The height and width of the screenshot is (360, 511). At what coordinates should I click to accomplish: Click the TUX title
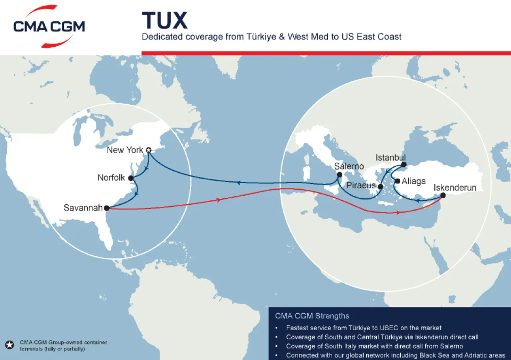(164, 20)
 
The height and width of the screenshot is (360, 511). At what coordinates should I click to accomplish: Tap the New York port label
(125, 150)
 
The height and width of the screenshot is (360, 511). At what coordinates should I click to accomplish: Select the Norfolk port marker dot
(131, 178)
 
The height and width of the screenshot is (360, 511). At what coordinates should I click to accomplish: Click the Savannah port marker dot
(106, 208)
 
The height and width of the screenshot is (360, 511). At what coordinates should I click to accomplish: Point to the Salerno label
(349, 166)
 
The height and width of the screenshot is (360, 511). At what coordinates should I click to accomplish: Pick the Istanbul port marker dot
(404, 164)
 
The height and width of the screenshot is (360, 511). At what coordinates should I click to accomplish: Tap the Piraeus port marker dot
(381, 186)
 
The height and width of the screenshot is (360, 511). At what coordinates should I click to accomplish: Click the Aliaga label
(413, 181)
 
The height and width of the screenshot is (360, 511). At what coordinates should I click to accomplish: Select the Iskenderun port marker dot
(443, 195)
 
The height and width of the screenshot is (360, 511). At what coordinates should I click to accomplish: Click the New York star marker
(148, 150)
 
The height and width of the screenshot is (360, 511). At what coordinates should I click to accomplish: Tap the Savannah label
(83, 208)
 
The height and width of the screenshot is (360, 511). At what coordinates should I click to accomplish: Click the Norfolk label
(111, 177)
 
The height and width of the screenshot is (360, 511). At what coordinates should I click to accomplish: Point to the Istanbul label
(390, 158)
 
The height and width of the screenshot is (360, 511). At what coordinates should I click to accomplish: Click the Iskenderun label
(455, 188)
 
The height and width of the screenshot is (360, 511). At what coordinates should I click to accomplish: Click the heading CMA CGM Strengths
(312, 316)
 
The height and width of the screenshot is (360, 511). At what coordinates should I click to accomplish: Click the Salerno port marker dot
(339, 174)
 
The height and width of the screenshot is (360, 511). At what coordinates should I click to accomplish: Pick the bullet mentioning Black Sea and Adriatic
(395, 355)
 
